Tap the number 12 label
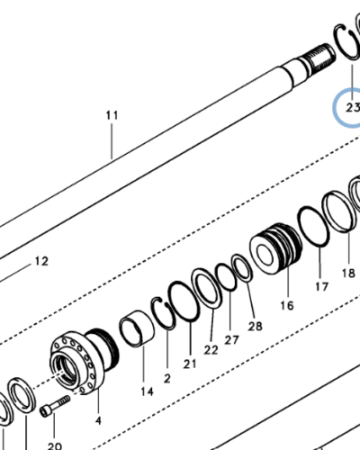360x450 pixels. (40, 262)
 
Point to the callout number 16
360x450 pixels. (285, 305)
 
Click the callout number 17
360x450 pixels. (321, 287)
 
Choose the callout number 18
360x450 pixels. (347, 273)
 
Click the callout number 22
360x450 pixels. (211, 349)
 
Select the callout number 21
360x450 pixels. (190, 363)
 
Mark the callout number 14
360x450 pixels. (147, 391)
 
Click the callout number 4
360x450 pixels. (98, 419)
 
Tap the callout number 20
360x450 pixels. (54, 445)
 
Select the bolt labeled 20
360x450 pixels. (55, 406)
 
